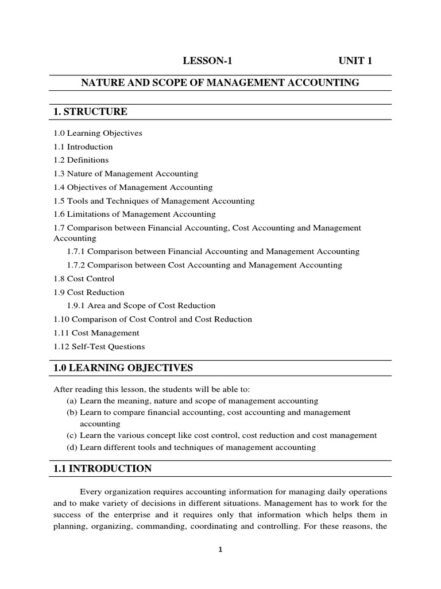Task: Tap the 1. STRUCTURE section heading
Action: click(x=90, y=111)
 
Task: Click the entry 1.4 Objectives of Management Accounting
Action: click(x=133, y=187)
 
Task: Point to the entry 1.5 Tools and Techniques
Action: click(x=154, y=201)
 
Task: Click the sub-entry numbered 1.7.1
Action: click(x=213, y=251)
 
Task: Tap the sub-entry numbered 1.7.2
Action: click(x=204, y=265)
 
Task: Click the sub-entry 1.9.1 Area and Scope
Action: click(x=141, y=305)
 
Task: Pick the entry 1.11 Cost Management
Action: click(x=96, y=332)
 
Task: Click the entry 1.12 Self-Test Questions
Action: click(x=99, y=346)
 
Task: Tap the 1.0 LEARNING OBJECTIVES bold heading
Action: click(x=123, y=368)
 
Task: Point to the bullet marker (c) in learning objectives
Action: click(x=72, y=435)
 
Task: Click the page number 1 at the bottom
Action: click(x=220, y=549)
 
